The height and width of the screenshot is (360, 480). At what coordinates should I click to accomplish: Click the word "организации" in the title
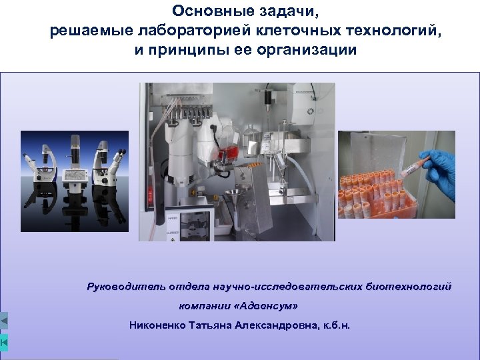coord(310,50)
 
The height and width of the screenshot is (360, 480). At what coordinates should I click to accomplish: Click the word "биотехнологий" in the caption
coord(408,287)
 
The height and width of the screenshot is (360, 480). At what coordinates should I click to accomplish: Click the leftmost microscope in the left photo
coord(39,170)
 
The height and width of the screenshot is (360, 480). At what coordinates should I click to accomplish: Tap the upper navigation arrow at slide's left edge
coord(4,322)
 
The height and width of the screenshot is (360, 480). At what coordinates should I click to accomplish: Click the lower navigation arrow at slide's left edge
coord(4,342)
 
